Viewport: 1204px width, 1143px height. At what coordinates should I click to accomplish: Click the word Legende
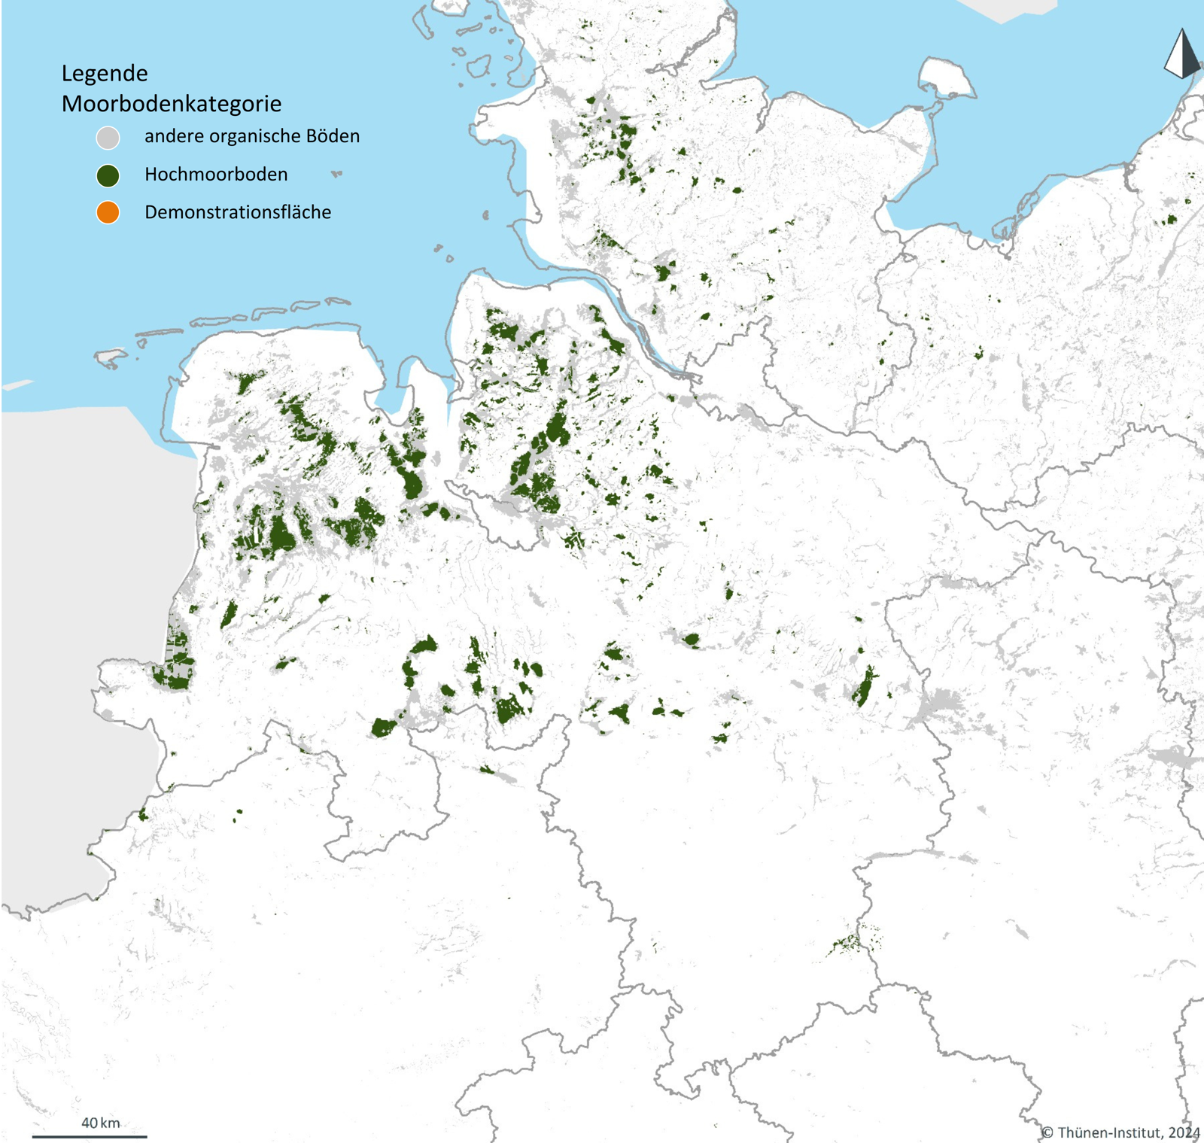coord(105,74)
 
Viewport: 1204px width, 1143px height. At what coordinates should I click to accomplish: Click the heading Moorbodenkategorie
coord(172,104)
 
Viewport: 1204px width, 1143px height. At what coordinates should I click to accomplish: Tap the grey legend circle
coord(108,138)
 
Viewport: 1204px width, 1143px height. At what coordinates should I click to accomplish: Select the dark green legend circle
coord(108,176)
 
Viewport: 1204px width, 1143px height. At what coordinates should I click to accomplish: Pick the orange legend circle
coord(108,213)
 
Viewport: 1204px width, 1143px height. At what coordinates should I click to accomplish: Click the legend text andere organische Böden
coord(252,136)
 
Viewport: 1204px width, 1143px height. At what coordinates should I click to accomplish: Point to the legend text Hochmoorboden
coord(216,175)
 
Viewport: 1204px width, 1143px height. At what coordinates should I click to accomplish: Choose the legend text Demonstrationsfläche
coord(238,212)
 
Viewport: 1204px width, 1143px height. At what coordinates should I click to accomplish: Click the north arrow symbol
coord(1182,54)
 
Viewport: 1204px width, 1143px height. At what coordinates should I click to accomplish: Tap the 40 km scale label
coord(100,1123)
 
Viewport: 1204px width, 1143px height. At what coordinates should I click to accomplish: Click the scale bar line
coord(89,1136)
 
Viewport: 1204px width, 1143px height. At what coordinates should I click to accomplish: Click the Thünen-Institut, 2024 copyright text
coord(1120,1132)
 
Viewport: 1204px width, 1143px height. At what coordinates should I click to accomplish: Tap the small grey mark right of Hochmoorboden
coord(336,174)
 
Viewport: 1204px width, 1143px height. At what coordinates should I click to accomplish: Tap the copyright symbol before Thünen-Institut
coord(1047,1132)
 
